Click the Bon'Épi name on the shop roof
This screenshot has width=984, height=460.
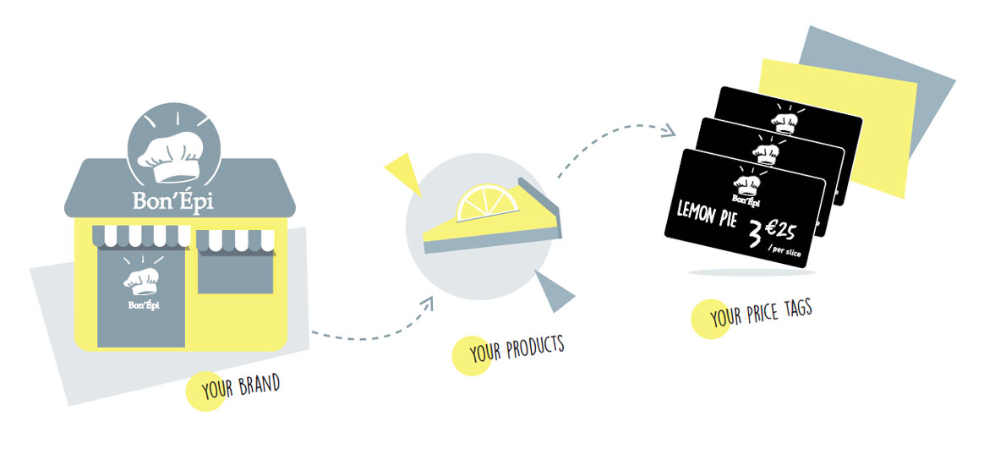point(173,200)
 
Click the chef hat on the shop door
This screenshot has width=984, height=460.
point(141,282)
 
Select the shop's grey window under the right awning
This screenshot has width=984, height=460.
point(235,270)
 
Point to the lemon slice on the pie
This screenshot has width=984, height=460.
point(487,202)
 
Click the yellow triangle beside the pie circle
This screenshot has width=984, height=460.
point(405,172)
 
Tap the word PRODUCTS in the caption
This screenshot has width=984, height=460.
point(535,348)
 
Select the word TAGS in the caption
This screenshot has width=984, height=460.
point(795,309)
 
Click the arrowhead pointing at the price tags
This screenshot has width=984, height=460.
point(668,130)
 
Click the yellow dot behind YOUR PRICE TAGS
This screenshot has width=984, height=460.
point(710,320)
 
